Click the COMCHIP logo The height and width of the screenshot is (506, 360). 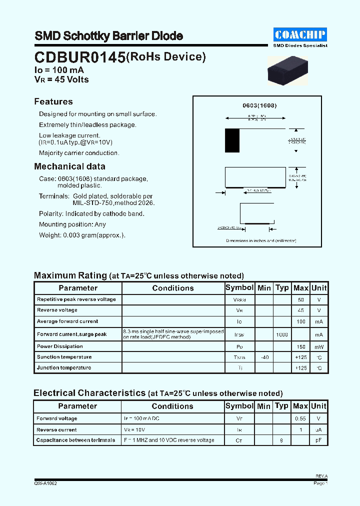point(300,34)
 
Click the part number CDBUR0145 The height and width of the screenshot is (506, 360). point(80,58)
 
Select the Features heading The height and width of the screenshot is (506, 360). point(53,101)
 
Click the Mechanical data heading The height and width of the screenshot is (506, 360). point(69,166)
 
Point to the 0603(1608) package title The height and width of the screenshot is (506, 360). point(259,106)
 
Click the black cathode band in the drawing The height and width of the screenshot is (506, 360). point(232,140)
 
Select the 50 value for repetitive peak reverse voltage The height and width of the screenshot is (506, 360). point(300,299)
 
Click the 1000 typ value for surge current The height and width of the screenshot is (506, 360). point(282,335)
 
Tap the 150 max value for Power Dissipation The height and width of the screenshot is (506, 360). point(300,346)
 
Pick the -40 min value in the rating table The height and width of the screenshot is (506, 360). point(264,357)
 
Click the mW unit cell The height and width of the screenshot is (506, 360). point(319,346)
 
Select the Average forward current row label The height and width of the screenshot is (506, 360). point(67,321)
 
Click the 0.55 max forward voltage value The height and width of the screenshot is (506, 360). point(300,418)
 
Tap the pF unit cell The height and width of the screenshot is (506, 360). point(319,440)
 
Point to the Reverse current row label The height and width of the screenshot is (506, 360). point(56,430)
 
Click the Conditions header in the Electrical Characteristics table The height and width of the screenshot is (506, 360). point(172,406)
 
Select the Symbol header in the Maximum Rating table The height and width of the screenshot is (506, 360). point(239,288)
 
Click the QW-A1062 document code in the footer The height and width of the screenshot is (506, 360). point(45,483)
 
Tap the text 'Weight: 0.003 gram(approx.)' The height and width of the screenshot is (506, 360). point(82,235)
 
